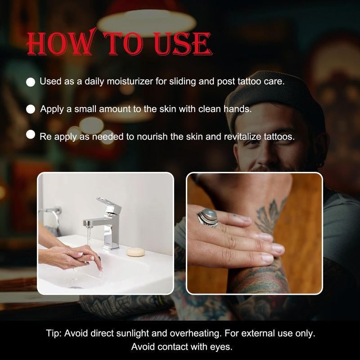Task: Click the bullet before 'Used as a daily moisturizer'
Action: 31,82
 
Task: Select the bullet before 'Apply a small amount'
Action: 31,109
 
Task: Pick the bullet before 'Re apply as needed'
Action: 31,135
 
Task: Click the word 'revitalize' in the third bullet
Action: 242,137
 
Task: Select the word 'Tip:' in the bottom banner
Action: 54,333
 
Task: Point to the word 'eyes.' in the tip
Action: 221,346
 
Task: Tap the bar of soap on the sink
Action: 135,252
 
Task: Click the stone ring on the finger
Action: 208,217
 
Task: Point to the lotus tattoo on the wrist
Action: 269,215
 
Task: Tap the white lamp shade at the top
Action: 147,22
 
